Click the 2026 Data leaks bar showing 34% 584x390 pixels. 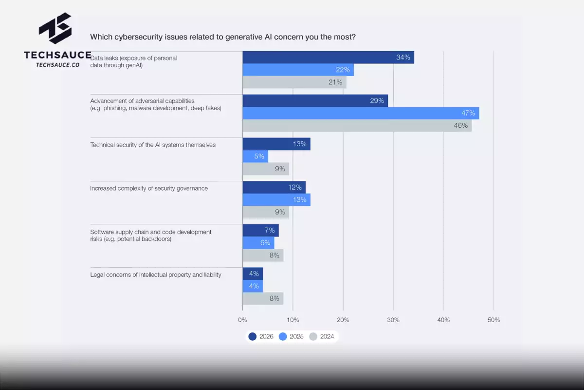pyautogui.click(x=328, y=58)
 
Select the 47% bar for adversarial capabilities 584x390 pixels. pyautogui.click(x=361, y=113)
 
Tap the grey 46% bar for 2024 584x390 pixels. pyautogui.click(x=357, y=126)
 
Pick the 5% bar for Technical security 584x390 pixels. pyautogui.click(x=255, y=156)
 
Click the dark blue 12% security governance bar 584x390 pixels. pyautogui.click(x=274, y=187)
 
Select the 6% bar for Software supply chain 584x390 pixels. pyautogui.click(x=258, y=243)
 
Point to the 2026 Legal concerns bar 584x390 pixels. pyautogui.click(x=253, y=273)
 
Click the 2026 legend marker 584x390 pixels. pyautogui.click(x=252, y=336)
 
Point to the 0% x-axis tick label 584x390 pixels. pyautogui.click(x=242, y=320)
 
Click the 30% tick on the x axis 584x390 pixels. pyautogui.click(x=393, y=320)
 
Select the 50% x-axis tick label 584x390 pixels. pyautogui.click(x=493, y=320)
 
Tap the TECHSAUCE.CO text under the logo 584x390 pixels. pyautogui.click(x=57, y=64)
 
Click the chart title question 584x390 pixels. pyautogui.click(x=223, y=37)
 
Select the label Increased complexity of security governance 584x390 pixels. pyautogui.click(x=149, y=188)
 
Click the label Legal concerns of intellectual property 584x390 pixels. pyautogui.click(x=156, y=275)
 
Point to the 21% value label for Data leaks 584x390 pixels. pyautogui.click(x=335, y=82)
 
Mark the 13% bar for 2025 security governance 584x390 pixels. pyautogui.click(x=276, y=200)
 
